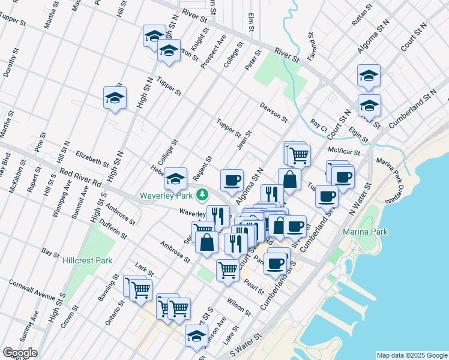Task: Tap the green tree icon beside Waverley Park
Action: point(203,194)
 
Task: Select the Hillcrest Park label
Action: point(88,261)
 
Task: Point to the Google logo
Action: point(20,353)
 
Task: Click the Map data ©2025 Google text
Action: point(411,355)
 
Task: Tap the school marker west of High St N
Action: point(114,97)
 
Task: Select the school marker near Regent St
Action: point(175,178)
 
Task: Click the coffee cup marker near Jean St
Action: point(232,179)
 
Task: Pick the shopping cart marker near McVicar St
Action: point(299,155)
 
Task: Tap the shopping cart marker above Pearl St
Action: point(228,270)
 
